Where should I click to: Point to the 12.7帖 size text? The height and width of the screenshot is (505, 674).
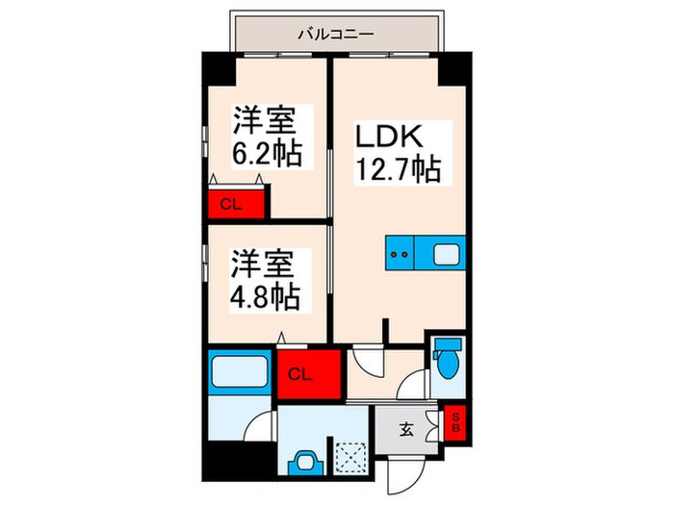pyautogui.click(x=399, y=170)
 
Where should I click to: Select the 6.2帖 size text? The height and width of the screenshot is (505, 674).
pyautogui.click(x=265, y=153)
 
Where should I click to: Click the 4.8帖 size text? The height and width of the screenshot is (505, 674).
pyautogui.click(x=265, y=295)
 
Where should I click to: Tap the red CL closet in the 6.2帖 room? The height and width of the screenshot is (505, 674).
pyautogui.click(x=231, y=204)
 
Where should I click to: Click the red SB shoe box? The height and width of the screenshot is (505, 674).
pyautogui.click(x=456, y=419)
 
